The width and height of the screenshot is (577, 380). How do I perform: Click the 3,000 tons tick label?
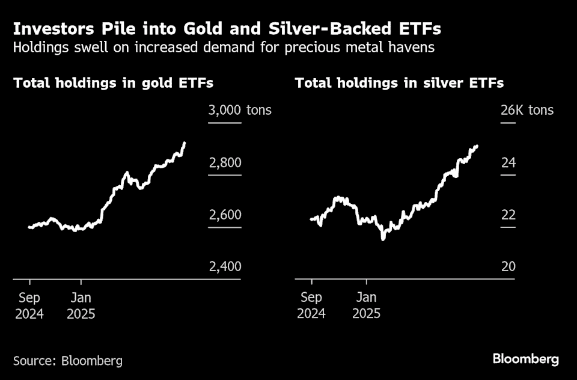pyautogui.click(x=239, y=110)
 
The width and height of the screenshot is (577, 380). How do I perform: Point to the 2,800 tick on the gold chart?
pyautogui.click(x=224, y=163)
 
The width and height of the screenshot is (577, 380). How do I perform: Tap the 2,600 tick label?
pyautogui.click(x=224, y=215)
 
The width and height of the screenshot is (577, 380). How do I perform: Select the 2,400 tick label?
pyautogui.click(x=224, y=266)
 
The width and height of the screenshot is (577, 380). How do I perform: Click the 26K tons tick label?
pyautogui.click(x=527, y=110)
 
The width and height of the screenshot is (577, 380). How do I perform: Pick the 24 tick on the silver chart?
pyautogui.click(x=508, y=163)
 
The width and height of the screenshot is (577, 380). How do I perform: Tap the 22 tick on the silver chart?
pyautogui.click(x=508, y=215)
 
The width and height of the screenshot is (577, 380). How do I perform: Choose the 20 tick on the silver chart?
pyautogui.click(x=508, y=266)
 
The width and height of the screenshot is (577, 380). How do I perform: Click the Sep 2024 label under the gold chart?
pyautogui.click(x=29, y=305)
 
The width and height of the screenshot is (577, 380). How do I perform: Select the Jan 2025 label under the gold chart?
pyautogui.click(x=81, y=305)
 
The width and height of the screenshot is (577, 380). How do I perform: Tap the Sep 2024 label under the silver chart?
pyautogui.click(x=311, y=305)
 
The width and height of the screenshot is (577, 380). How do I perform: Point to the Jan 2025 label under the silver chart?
pyautogui.click(x=366, y=305)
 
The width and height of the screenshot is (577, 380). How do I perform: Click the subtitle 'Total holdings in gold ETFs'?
pyautogui.click(x=113, y=83)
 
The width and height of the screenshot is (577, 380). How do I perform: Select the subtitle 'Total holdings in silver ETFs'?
pyautogui.click(x=399, y=83)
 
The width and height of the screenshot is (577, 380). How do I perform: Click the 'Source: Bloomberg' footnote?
pyautogui.click(x=68, y=361)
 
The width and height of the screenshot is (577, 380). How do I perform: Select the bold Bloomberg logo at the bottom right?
pyautogui.click(x=526, y=360)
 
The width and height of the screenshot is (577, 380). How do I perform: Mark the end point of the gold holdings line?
pyautogui.click(x=185, y=143)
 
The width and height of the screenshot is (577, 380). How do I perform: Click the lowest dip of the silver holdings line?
pyautogui.click(x=383, y=239)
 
